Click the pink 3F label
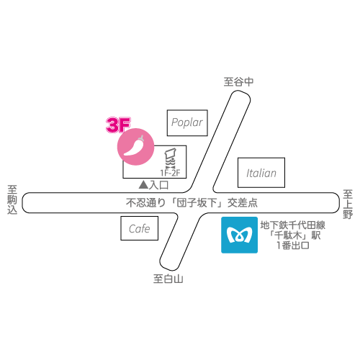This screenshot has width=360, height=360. click(x=118, y=125)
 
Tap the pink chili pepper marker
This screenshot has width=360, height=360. click(x=135, y=147)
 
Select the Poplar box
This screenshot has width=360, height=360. click(x=187, y=123)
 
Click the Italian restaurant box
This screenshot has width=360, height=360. click(x=261, y=173)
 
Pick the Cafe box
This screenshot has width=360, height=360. click(x=140, y=228)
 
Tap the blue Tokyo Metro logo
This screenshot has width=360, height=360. click(x=239, y=235)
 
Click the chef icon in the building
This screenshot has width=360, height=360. click(x=171, y=158)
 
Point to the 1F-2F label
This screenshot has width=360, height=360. click(x=170, y=173)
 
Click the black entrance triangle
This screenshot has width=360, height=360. click(x=143, y=184)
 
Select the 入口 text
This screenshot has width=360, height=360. click(x=158, y=185)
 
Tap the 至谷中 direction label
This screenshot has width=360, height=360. click(x=238, y=82)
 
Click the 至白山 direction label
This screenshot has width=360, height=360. click(x=168, y=279)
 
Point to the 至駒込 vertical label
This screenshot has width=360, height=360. click(x=12, y=199)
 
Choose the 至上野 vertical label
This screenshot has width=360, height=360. click(x=348, y=204)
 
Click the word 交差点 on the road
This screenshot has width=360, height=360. click(x=243, y=203)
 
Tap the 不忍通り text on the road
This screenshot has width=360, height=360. click(x=146, y=203)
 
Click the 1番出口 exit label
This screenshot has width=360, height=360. click(x=293, y=246)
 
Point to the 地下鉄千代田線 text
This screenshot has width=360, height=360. click(x=293, y=225)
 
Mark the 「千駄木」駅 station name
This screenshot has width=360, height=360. click(x=294, y=235)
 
